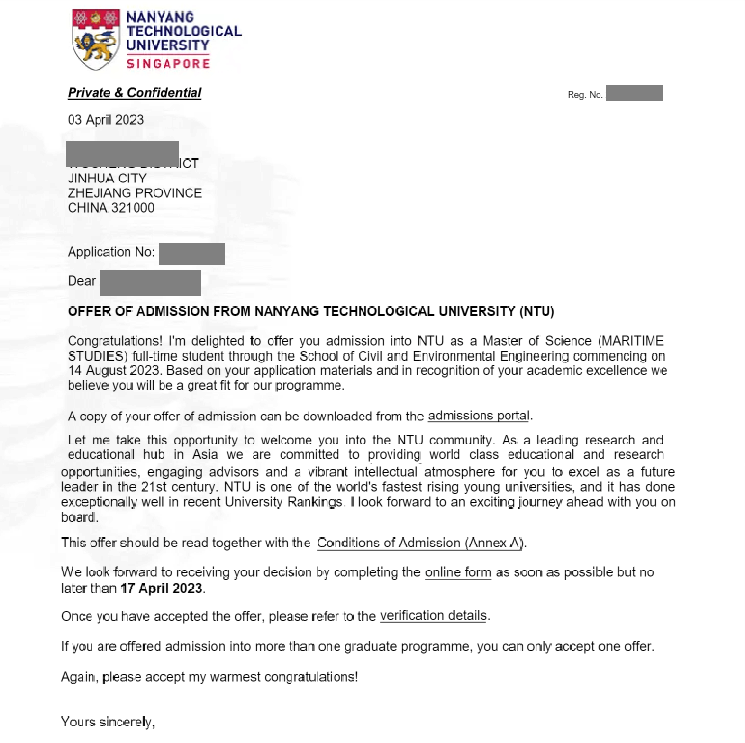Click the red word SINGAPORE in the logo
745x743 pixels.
coord(168,63)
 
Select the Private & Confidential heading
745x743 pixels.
coord(135,92)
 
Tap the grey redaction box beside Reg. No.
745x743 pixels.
coord(634,93)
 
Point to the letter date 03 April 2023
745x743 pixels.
coord(106,119)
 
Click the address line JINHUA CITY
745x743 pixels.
coord(107,178)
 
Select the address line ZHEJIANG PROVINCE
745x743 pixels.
coord(135,193)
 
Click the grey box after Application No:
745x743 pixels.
coord(191,254)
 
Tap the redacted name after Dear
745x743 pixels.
coord(151,282)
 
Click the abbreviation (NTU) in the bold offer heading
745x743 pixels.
coord(536,311)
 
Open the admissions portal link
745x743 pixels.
coord(479,416)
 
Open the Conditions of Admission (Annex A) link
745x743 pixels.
coord(420,543)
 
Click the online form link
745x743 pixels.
coord(458,572)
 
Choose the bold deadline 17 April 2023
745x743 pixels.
coord(162,589)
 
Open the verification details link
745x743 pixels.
coord(433,616)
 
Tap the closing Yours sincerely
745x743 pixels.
coord(108,722)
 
